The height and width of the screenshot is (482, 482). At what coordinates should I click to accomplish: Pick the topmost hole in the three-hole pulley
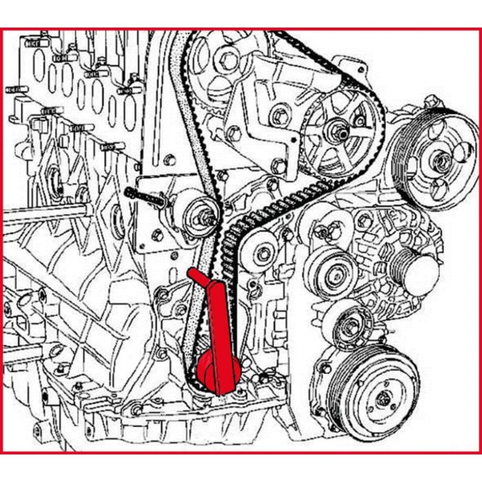point(436,129)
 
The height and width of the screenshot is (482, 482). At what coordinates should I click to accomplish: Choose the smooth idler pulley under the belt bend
point(260,251)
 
